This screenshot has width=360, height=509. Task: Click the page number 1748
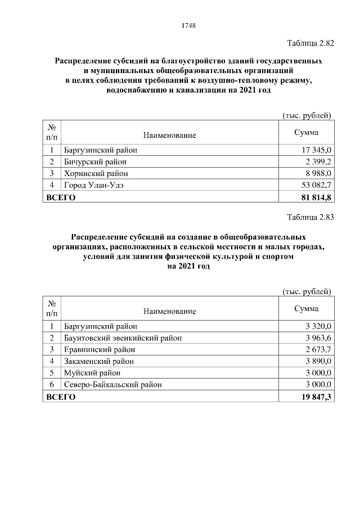pyautogui.click(x=188, y=25)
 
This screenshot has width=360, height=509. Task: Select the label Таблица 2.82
pyautogui.click(x=310, y=43)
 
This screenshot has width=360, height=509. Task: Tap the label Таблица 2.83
pyautogui.click(x=310, y=218)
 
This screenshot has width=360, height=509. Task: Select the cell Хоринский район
pyautogui.click(x=96, y=173)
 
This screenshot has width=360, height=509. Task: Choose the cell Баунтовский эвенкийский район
pyautogui.click(x=123, y=338)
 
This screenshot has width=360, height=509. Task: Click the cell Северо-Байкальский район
pyautogui.click(x=113, y=385)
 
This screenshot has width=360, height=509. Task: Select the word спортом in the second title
pyautogui.click(x=274, y=256)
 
